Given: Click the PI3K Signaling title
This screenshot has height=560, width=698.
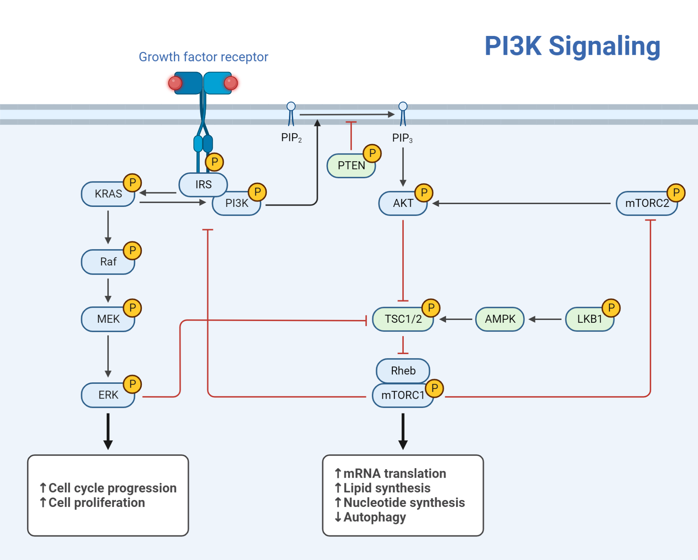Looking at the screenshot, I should coord(572,46).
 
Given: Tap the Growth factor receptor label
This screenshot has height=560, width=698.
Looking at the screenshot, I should coord(203,57).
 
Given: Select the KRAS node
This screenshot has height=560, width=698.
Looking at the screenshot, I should coord(108,194).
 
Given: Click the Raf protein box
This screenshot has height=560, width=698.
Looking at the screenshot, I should coord(108,262).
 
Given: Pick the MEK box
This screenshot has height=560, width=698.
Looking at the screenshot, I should coord(108,319).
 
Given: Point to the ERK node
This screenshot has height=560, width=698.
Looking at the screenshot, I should coord(108,395).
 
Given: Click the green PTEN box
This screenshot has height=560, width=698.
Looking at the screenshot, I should coord(350,166).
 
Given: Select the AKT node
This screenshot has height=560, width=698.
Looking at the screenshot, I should coord(403,203).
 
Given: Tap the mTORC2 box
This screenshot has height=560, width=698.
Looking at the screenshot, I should coord(646,203).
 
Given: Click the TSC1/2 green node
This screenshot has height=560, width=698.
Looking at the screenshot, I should coord(403,319).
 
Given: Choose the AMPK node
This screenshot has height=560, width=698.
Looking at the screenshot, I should coord(500,319).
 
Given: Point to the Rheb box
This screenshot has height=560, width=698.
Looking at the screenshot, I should coord(403,371).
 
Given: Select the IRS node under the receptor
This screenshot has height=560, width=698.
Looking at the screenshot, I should coord(203,184).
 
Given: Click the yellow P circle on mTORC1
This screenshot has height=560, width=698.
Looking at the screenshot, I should coord(435,388).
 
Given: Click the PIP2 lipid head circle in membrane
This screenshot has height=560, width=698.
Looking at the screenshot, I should coord(291,106).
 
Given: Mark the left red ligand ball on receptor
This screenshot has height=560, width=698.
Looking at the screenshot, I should coord(175,83).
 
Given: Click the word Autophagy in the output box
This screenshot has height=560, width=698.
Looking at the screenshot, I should coord(374,517).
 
